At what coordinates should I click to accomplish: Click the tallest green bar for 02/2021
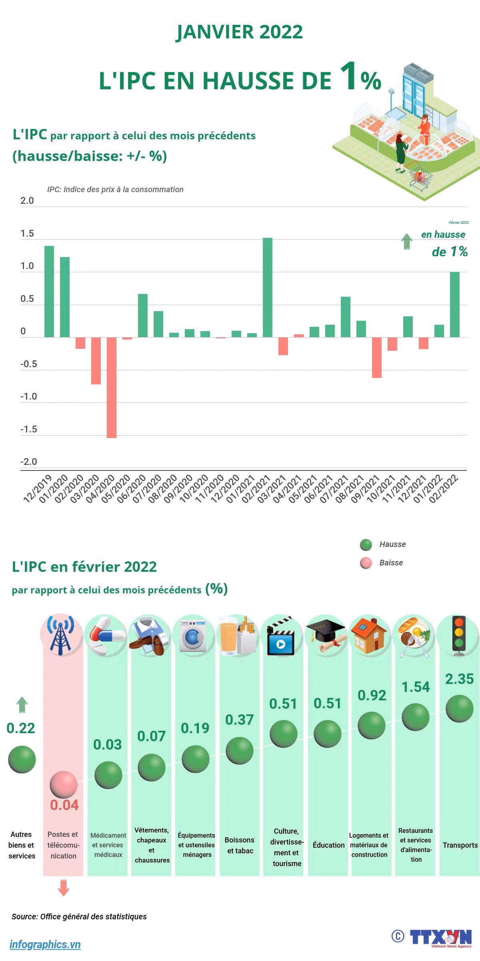click(268, 287)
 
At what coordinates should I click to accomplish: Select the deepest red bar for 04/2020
click(112, 388)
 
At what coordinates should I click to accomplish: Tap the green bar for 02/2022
click(455, 305)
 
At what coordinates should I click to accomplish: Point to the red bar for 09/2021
click(377, 358)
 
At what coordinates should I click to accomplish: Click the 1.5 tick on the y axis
click(27, 234)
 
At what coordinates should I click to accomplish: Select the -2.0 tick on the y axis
click(28, 462)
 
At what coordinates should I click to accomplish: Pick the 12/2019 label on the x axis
click(38, 489)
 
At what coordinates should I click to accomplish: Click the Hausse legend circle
click(366, 545)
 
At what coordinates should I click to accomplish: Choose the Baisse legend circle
click(366, 563)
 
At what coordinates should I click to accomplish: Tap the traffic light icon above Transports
click(459, 635)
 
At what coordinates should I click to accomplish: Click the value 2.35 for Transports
click(460, 679)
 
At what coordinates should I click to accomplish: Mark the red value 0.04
click(64, 805)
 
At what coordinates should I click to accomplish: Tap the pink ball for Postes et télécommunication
click(64, 785)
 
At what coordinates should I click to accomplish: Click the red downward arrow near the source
click(64, 887)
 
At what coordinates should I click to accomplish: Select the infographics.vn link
click(45, 945)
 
